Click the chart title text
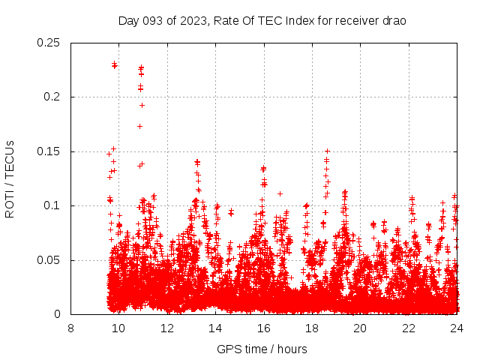(262, 20)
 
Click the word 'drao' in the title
(393, 20)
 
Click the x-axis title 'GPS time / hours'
(262, 349)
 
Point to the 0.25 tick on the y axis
(50, 43)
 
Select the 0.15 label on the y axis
(50, 151)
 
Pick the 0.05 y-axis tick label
(50, 260)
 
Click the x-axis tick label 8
(70, 328)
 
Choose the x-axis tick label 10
(118, 328)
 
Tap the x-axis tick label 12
(167, 328)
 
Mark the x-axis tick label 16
(264, 328)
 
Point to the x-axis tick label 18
(312, 328)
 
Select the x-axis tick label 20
(361, 328)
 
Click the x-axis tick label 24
(457, 328)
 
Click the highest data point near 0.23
(114, 64)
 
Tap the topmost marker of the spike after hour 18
(327, 151)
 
